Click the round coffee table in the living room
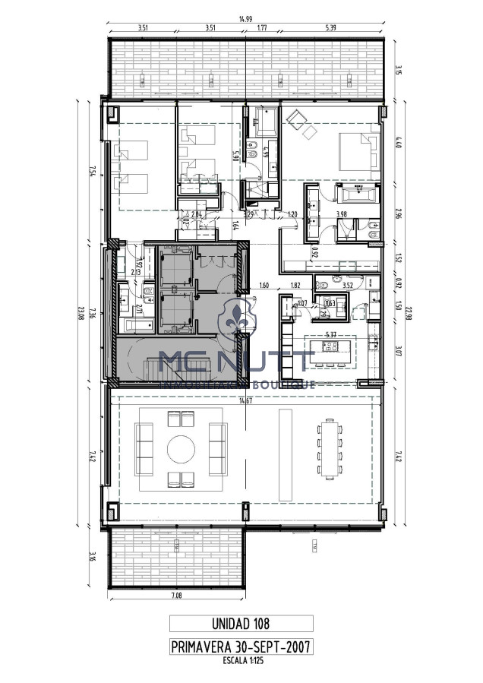point(180,449)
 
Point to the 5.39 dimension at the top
point(332,28)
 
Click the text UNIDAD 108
point(241,624)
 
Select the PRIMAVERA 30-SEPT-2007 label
point(241,647)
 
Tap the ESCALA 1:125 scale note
point(241,661)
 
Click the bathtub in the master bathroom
point(355,193)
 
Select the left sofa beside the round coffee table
point(143,449)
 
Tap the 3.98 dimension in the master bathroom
point(342,215)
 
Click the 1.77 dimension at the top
point(261,28)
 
